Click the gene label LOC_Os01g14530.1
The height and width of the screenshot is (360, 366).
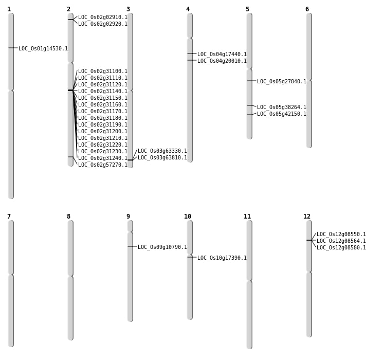pyautogui.click(x=43, y=48)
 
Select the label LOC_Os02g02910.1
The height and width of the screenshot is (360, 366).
pyautogui.click(x=103, y=17)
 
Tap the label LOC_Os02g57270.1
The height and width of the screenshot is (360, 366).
pyautogui.click(x=103, y=165)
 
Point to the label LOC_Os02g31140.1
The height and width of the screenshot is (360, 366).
pyautogui.click(x=103, y=91)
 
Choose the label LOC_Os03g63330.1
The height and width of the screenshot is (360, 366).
pyautogui.click(x=162, y=151)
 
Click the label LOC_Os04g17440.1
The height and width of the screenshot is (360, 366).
pyautogui.click(x=222, y=55)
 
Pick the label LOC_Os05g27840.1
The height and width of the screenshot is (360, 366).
pyautogui.click(x=282, y=81)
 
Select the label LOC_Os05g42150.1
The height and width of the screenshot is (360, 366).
pyautogui.click(x=282, y=114)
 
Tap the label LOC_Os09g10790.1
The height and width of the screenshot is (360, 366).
pyautogui.click(x=162, y=247)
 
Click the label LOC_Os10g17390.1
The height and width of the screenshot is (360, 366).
pyautogui.click(x=222, y=258)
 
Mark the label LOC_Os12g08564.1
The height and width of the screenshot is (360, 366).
pyautogui.click(x=341, y=241)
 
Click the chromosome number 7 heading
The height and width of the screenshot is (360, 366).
pyautogui.click(x=9, y=217)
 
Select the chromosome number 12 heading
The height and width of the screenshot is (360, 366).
pyautogui.click(x=307, y=217)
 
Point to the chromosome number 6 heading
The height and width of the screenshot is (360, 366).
pyautogui.click(x=307, y=9)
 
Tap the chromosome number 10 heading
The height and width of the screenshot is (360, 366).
pyautogui.click(x=188, y=217)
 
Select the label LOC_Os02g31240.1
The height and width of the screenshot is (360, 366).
pyautogui.click(x=103, y=158)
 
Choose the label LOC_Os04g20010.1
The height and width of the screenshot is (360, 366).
pyautogui.click(x=222, y=61)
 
